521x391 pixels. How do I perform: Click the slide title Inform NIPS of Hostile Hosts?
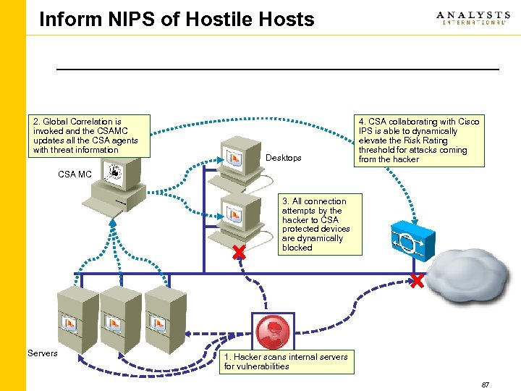tap(177, 20)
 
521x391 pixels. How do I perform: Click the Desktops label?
tap(284, 158)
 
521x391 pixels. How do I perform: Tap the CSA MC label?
tap(75, 175)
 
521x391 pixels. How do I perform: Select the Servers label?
tap(42, 353)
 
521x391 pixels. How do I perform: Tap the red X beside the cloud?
tap(417, 281)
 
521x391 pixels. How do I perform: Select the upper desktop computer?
tap(235, 161)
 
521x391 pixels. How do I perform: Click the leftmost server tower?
tap(75, 318)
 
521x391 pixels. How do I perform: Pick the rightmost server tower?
tap(163, 318)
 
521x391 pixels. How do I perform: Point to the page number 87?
tap(485, 384)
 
